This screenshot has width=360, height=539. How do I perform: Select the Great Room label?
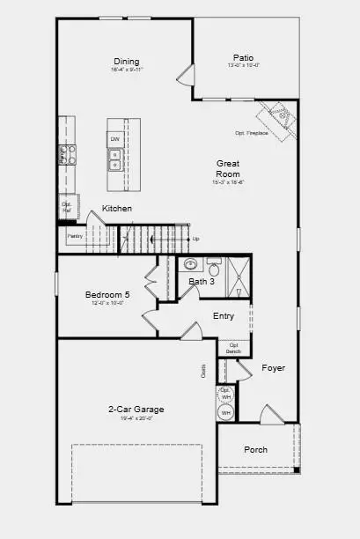click(x=228, y=168)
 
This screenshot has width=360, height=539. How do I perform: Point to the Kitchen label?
click(x=117, y=209)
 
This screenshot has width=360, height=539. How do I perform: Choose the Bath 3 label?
click(x=202, y=282)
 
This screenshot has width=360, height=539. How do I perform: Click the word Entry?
click(x=224, y=316)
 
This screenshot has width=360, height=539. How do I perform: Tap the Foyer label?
click(x=274, y=367)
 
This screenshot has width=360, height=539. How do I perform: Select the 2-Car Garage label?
click(x=136, y=409)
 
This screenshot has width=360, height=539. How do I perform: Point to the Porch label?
click(x=255, y=449)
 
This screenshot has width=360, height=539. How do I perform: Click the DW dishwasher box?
click(x=115, y=139)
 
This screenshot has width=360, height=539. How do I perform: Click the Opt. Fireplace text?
click(x=252, y=133)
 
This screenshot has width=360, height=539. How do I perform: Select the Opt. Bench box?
click(x=233, y=348)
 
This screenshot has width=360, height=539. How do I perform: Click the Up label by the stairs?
click(x=195, y=239)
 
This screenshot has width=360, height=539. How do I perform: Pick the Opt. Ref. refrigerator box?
click(x=66, y=207)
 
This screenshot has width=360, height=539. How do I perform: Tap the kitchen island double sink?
click(x=115, y=159)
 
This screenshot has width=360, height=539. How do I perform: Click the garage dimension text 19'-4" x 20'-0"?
click(x=136, y=419)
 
